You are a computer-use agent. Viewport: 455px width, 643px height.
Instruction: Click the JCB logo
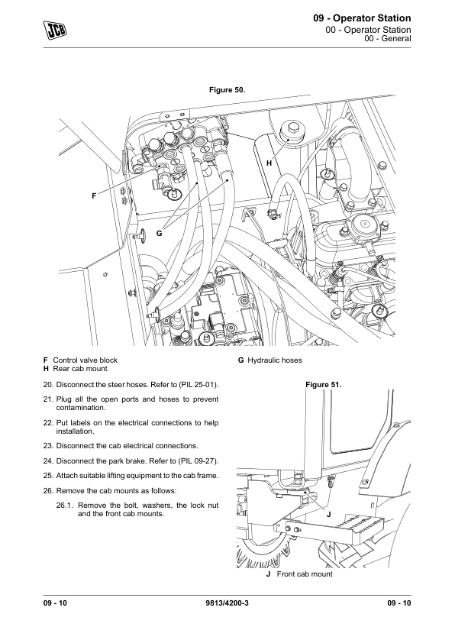click(55, 30)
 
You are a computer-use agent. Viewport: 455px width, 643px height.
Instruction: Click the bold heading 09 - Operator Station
click(362, 18)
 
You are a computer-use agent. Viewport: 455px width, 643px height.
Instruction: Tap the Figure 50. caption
click(227, 90)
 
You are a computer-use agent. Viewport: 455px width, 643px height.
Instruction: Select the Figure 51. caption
click(324, 385)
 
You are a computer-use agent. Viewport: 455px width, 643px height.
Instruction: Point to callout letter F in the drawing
click(94, 196)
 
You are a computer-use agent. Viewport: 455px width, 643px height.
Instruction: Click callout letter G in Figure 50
click(159, 234)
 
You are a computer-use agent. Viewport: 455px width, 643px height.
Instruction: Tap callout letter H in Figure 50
click(269, 163)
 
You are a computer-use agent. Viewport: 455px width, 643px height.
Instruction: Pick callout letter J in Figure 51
click(329, 514)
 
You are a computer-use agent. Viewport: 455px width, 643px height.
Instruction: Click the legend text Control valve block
click(86, 360)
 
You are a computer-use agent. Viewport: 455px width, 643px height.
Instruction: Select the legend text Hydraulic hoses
click(275, 360)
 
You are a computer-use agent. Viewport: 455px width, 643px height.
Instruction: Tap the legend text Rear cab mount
click(80, 368)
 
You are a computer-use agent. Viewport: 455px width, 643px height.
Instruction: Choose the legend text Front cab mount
click(305, 574)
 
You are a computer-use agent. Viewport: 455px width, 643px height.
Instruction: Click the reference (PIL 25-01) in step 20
click(198, 385)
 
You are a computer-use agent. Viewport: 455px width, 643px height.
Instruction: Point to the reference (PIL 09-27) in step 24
click(198, 461)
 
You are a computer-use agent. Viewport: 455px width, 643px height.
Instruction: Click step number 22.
click(48, 423)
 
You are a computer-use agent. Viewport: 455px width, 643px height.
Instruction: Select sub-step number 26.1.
click(65, 506)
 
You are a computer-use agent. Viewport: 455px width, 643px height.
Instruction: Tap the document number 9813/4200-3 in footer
click(227, 603)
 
